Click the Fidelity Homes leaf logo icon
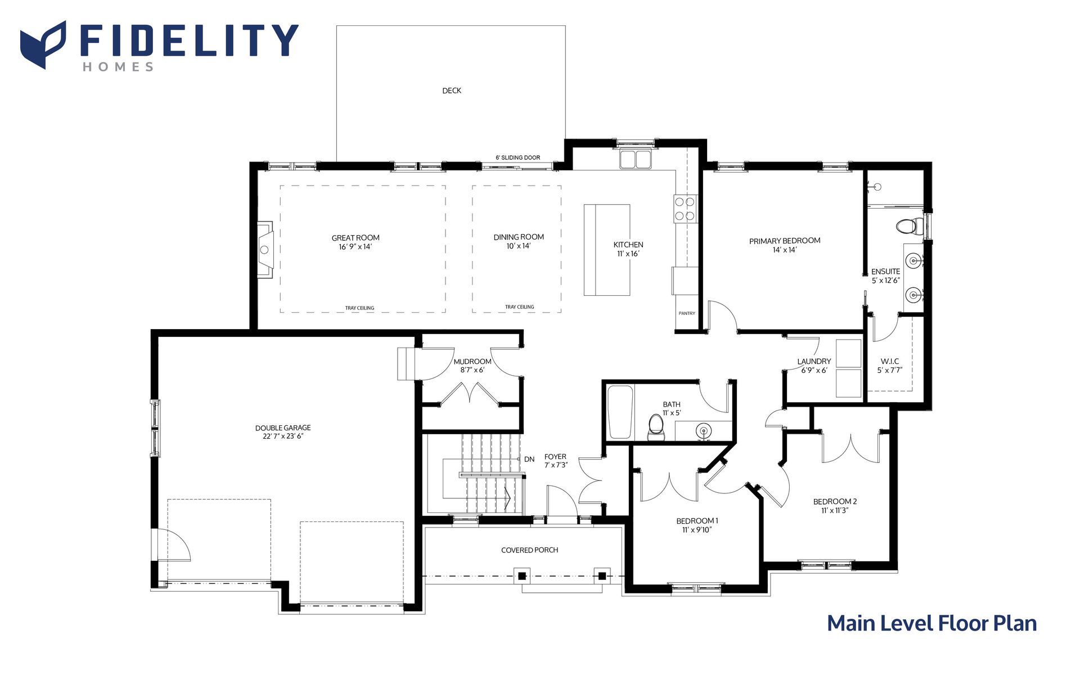[x=43, y=44]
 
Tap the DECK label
[x=452, y=91]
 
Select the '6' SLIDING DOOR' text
[x=517, y=157]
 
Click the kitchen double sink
[x=635, y=159]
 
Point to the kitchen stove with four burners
[x=685, y=208]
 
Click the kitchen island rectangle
[x=606, y=250]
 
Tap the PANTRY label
[x=687, y=313]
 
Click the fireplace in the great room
[x=265, y=249]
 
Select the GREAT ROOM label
[x=355, y=238]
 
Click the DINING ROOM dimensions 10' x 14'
[x=519, y=246]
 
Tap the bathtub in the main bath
[x=620, y=412]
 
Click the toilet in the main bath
[x=656, y=427]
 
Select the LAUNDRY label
[x=814, y=362]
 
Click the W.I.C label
[x=890, y=361]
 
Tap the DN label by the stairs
[x=529, y=460]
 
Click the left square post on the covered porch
[x=522, y=575]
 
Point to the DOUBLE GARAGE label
[x=283, y=428]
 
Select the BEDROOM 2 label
[x=835, y=502]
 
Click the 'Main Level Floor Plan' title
[x=931, y=623]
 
